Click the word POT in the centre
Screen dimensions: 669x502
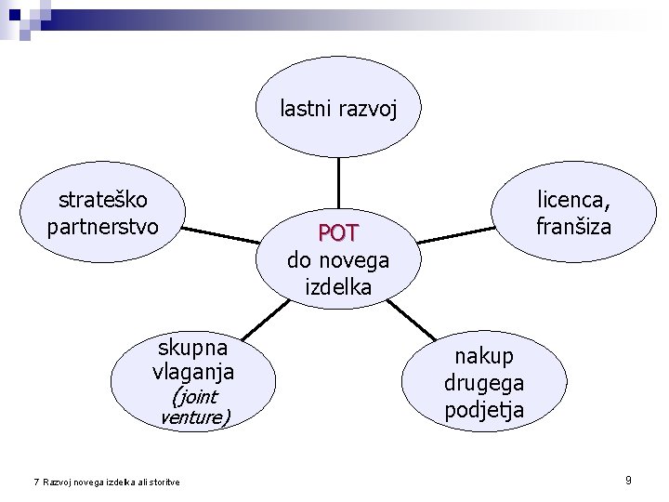[338, 231]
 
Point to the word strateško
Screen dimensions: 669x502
[102, 200]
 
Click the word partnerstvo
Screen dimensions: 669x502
[102, 226]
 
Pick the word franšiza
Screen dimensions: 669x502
[573, 226]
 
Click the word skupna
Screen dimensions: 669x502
[192, 348]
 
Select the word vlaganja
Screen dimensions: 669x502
[192, 373]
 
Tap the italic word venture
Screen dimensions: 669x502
[192, 417]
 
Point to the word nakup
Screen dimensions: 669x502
[483, 356]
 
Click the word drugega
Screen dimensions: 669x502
[483, 382]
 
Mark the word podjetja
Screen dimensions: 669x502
[483, 409]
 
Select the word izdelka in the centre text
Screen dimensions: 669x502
[338, 287]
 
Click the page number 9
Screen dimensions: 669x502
[629, 480]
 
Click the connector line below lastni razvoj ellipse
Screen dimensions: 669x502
[338, 181]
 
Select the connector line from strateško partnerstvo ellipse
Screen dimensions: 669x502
[228, 234]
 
